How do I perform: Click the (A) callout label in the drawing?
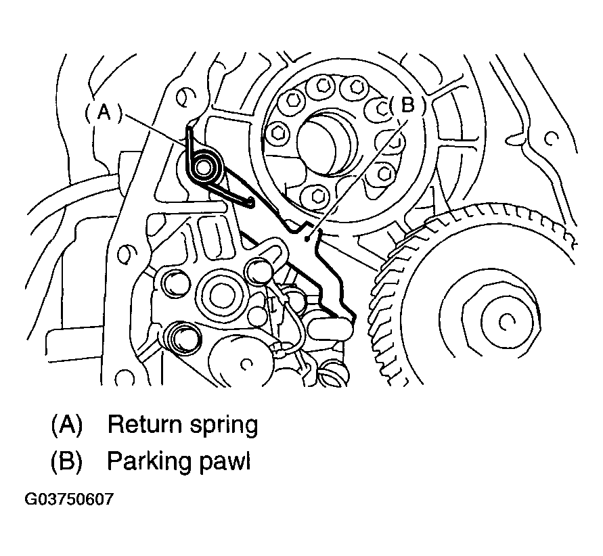[104, 112]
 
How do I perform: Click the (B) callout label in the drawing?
[407, 105]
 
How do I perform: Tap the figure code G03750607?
[69, 499]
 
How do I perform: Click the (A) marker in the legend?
[66, 425]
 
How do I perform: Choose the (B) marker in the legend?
[66, 461]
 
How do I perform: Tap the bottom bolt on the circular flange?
[317, 196]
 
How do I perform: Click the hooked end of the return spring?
[250, 202]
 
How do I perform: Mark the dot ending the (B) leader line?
[307, 239]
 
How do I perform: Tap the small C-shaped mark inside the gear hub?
[506, 322]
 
